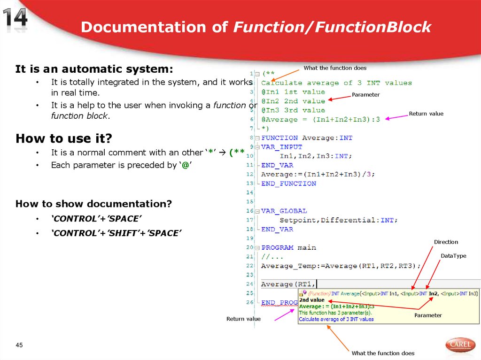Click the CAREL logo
click(x=460, y=345)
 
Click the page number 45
click(x=19, y=345)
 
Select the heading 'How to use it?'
click(x=64, y=139)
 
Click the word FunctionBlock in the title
click(x=373, y=27)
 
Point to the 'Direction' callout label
click(x=446, y=242)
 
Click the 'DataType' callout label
click(x=453, y=256)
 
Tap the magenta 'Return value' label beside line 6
click(x=426, y=114)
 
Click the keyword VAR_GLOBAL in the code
click(x=284, y=211)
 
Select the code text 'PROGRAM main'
click(x=288, y=247)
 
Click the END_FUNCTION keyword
click(x=288, y=184)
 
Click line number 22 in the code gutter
click(x=249, y=266)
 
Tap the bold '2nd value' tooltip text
click(x=311, y=300)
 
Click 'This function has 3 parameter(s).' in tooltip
click(x=335, y=313)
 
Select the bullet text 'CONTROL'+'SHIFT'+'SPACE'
click(x=116, y=233)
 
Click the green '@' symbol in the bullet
click(x=185, y=165)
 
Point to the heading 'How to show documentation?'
click(x=94, y=204)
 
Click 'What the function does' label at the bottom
click(x=383, y=353)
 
